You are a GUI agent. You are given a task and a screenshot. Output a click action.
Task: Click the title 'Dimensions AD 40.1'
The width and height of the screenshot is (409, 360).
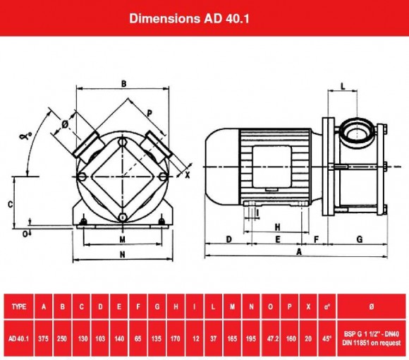[x=204, y=18]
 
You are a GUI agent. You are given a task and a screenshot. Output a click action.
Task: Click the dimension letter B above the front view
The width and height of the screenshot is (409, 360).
[x=123, y=84]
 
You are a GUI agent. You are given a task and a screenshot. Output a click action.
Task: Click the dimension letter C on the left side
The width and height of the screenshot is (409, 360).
[x=10, y=203]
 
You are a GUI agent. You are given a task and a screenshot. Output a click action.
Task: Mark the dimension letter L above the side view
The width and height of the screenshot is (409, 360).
[x=342, y=85]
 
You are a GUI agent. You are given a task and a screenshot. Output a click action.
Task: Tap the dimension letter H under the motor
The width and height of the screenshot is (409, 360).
[x=278, y=227]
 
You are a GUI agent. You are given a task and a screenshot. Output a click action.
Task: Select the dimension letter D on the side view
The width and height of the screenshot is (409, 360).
[x=229, y=239]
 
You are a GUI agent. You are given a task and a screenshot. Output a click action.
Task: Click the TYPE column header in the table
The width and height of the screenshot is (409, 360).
[x=19, y=306]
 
